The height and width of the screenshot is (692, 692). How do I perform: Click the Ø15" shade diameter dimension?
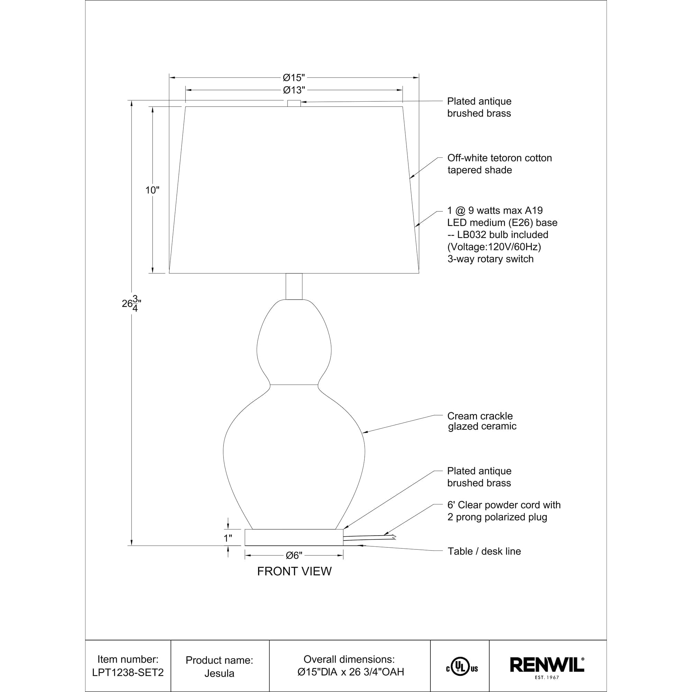pyautogui.click(x=294, y=78)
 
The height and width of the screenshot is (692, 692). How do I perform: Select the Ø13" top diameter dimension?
pyautogui.click(x=294, y=90)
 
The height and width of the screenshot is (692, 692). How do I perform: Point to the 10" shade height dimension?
pyautogui.click(x=152, y=190)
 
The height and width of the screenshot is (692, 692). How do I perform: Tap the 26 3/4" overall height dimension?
pyautogui.click(x=131, y=303)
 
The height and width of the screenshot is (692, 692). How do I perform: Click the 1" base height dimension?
pyautogui.click(x=228, y=538)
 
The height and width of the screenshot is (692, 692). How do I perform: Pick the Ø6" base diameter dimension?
pyautogui.click(x=294, y=556)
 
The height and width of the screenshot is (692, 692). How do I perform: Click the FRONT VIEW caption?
pyautogui.click(x=294, y=571)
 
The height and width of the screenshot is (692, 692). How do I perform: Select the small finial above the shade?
pyautogui.click(x=294, y=103)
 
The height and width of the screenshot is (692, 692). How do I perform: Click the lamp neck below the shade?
pyautogui.click(x=294, y=286)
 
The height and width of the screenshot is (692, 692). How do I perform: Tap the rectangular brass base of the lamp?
pyautogui.click(x=294, y=537)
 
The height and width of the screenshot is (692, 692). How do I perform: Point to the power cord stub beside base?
pyautogui.click(x=369, y=537)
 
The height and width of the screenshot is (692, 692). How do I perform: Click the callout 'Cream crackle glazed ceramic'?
pyautogui.click(x=482, y=421)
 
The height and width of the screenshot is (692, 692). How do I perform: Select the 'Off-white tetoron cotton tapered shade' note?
pyautogui.click(x=499, y=164)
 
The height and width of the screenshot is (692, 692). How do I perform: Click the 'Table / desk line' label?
pyautogui.click(x=484, y=551)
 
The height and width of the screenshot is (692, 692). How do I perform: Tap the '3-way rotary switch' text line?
pyautogui.click(x=490, y=259)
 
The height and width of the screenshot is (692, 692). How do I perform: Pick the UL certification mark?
pyautogui.click(x=462, y=667)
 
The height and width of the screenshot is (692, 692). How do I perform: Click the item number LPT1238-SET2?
pyautogui.click(x=128, y=672)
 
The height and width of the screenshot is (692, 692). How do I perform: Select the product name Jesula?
pyautogui.click(x=219, y=673)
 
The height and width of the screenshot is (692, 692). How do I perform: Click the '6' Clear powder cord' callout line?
pyautogui.click(x=503, y=505)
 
